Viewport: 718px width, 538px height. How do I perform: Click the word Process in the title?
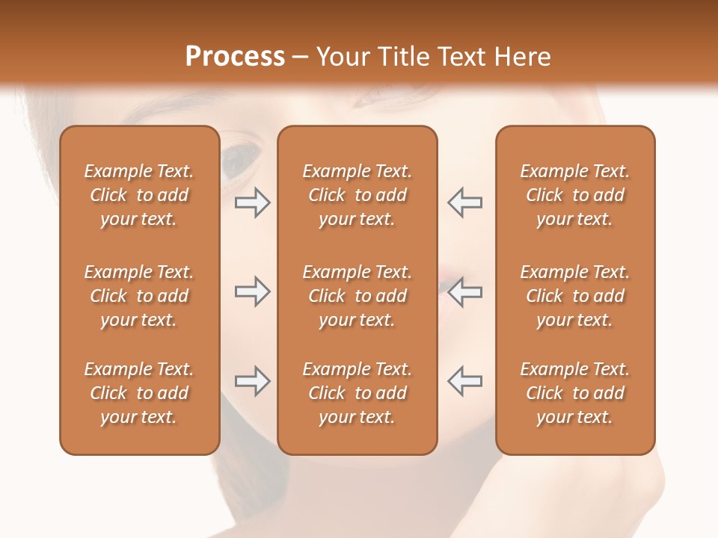[235, 57]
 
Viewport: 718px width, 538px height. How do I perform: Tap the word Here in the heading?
[521, 57]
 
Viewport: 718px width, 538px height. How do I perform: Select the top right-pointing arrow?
[253, 202]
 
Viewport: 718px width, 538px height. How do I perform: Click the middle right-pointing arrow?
[253, 291]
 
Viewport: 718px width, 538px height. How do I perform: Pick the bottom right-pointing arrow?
[253, 381]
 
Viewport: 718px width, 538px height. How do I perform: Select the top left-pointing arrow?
[464, 202]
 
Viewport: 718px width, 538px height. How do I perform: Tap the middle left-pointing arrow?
[464, 291]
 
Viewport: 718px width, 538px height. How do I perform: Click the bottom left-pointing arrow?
[464, 381]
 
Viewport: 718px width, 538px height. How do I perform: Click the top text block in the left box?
[139, 195]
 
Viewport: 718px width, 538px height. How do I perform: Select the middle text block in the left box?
[139, 296]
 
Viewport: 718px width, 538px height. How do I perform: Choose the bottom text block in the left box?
[139, 393]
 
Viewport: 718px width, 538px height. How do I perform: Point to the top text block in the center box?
[357, 195]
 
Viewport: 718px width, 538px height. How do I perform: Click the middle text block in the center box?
[357, 296]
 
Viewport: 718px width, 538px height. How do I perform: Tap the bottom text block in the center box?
[357, 393]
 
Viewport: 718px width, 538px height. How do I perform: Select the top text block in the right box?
[574, 195]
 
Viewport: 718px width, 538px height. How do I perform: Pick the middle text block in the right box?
[574, 296]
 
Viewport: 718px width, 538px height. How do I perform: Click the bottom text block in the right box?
[574, 393]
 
